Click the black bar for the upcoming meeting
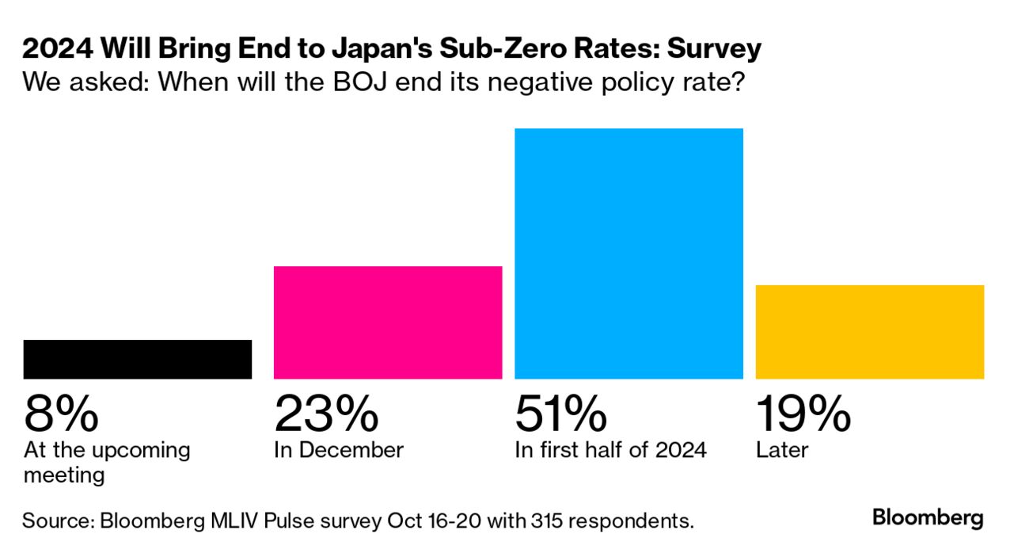(138, 359)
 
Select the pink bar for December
(388, 322)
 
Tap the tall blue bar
(629, 254)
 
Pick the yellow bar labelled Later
(869, 332)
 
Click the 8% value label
(62, 414)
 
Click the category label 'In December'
(339, 451)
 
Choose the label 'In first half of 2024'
(610, 451)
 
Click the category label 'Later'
(782, 451)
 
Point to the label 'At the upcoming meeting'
(107, 462)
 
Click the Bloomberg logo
(928, 519)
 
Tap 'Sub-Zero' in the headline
(491, 49)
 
